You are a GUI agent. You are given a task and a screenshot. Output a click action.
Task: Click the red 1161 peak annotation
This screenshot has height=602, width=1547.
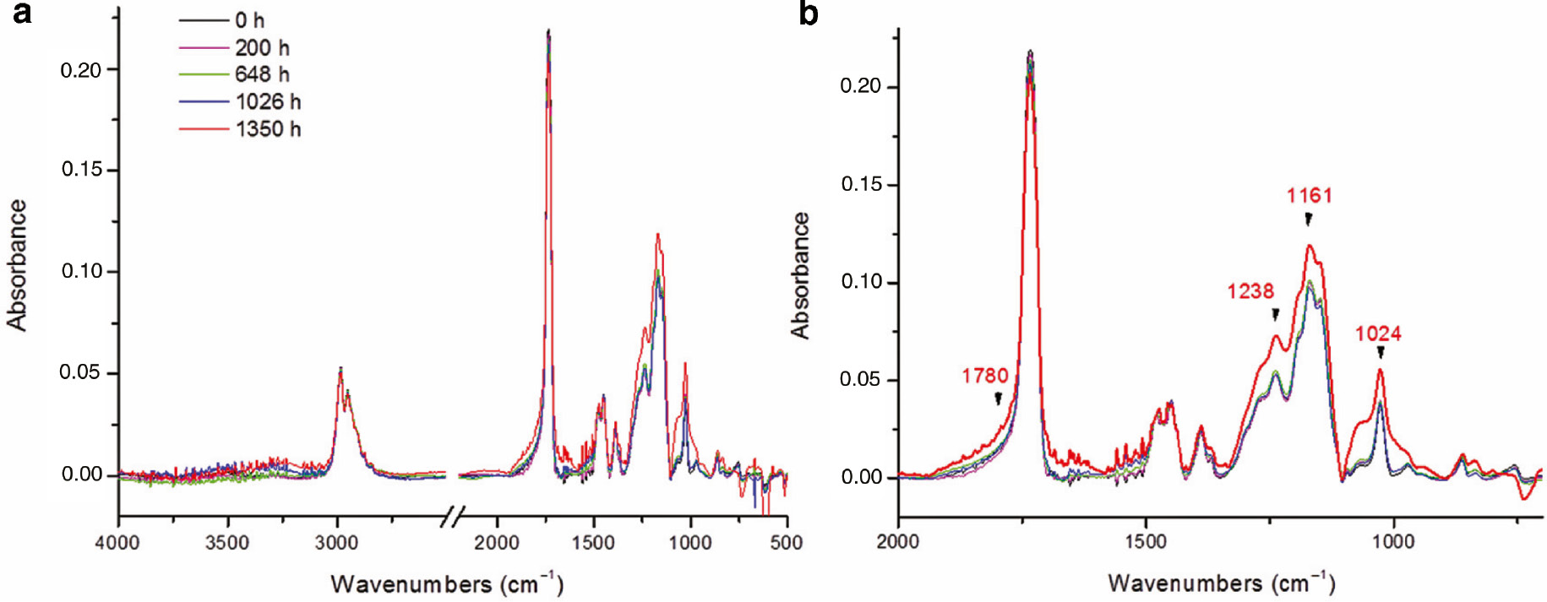(1309, 196)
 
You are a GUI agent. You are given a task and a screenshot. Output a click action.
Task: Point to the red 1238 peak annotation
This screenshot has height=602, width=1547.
(1250, 291)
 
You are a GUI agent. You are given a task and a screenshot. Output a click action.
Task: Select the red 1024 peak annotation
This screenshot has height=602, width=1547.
(1378, 334)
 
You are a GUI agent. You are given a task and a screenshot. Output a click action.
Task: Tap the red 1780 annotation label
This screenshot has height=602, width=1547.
(984, 376)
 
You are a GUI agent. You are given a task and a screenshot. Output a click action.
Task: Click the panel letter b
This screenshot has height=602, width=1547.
(808, 14)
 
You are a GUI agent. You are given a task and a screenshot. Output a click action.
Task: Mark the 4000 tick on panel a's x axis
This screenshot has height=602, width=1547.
(117, 542)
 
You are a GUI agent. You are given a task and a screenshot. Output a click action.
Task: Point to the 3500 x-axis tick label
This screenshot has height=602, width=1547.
(226, 542)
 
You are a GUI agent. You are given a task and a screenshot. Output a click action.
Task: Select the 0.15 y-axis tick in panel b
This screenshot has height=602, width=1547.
(863, 184)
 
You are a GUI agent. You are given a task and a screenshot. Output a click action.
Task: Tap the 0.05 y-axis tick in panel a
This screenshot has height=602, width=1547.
(81, 372)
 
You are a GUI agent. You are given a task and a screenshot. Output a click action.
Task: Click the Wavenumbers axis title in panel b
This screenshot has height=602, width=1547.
(1221, 583)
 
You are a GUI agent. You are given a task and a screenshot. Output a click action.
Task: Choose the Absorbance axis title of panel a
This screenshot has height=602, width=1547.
(17, 265)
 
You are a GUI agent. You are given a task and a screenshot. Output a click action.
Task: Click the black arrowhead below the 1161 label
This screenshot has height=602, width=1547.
(1308, 220)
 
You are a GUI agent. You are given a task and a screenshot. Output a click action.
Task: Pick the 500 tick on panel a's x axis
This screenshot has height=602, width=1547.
(786, 542)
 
